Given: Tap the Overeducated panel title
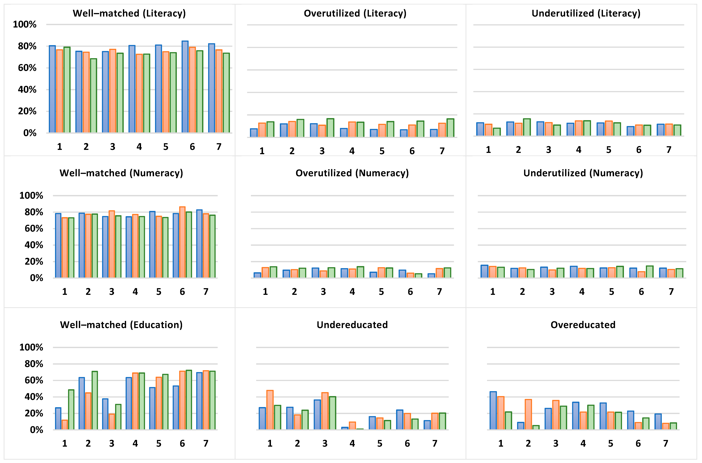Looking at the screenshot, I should point(583,325).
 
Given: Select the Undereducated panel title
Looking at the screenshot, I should point(352,325).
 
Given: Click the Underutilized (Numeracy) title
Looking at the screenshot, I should point(583,173).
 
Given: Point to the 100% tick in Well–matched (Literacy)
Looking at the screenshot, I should point(25,24).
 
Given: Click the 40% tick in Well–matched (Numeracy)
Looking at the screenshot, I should point(34,245).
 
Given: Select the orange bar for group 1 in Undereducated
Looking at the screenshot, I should point(270,410).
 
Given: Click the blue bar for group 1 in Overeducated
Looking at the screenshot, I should point(493,410).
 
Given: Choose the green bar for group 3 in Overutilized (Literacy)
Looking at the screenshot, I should point(330,128).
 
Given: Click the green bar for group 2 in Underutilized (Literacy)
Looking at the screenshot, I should point(527,127).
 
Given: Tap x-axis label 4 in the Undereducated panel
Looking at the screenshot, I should point(352,443).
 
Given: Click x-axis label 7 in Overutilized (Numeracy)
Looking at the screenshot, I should point(439,292).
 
